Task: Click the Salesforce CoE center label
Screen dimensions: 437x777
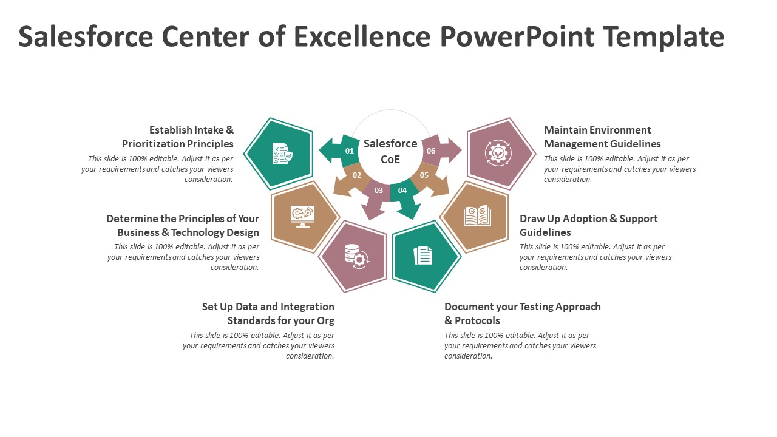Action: pyautogui.click(x=390, y=151)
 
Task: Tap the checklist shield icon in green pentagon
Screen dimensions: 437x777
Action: pyautogui.click(x=281, y=154)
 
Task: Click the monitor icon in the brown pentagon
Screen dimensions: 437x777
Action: pyautogui.click(x=302, y=216)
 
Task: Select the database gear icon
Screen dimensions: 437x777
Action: pyautogui.click(x=355, y=256)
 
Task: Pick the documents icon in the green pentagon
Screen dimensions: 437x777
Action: pyautogui.click(x=423, y=256)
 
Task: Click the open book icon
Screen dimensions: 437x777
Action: pyautogui.click(x=477, y=216)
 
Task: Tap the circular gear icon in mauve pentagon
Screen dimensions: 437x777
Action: pyautogui.click(x=498, y=153)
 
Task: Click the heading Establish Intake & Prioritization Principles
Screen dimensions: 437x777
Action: pyautogui.click(x=178, y=137)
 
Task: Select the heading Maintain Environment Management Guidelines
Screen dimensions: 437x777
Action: pyautogui.click(x=602, y=137)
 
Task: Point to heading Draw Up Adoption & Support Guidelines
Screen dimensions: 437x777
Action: pyautogui.click(x=588, y=225)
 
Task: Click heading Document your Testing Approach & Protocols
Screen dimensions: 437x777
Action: pyautogui.click(x=522, y=313)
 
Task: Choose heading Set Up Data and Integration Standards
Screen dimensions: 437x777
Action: pyautogui.click(x=268, y=313)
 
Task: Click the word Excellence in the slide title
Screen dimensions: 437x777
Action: pyautogui.click(x=362, y=37)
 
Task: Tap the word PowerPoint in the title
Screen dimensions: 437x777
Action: pyautogui.click(x=517, y=37)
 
